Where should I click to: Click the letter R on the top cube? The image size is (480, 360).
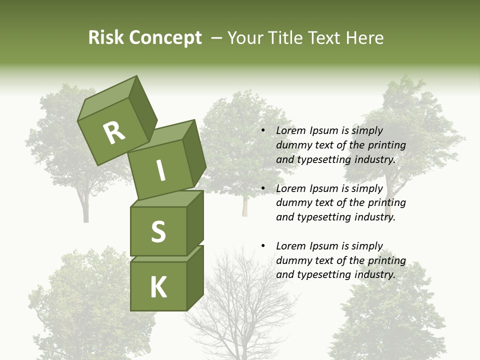click(114, 133)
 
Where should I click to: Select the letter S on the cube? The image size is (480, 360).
click(158, 231)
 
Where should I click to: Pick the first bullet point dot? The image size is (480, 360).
click(263, 131)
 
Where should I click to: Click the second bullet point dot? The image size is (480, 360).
click(263, 189)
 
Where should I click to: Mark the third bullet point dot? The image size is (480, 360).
click(263, 246)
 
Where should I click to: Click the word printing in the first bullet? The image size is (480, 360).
click(386, 145)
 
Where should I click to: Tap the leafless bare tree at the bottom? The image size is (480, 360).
click(240, 310)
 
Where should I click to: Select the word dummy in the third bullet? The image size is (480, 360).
click(293, 260)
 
